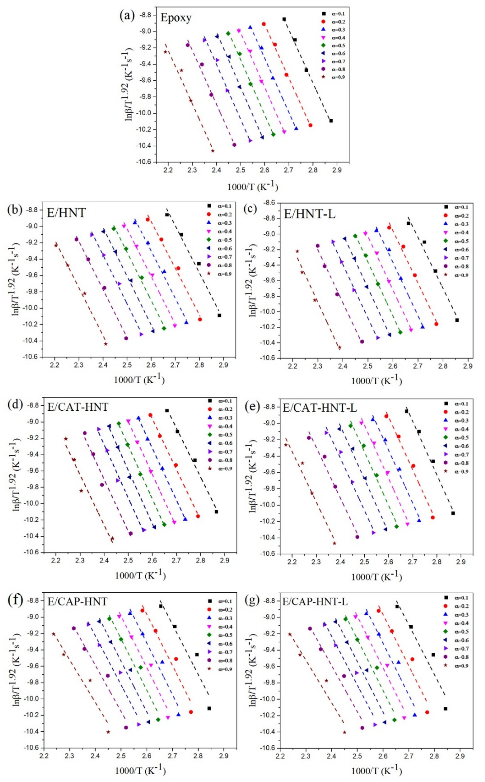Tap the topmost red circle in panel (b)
coord(148,219)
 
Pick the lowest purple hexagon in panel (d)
coord(130,533)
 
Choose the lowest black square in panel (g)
coord(445,709)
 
